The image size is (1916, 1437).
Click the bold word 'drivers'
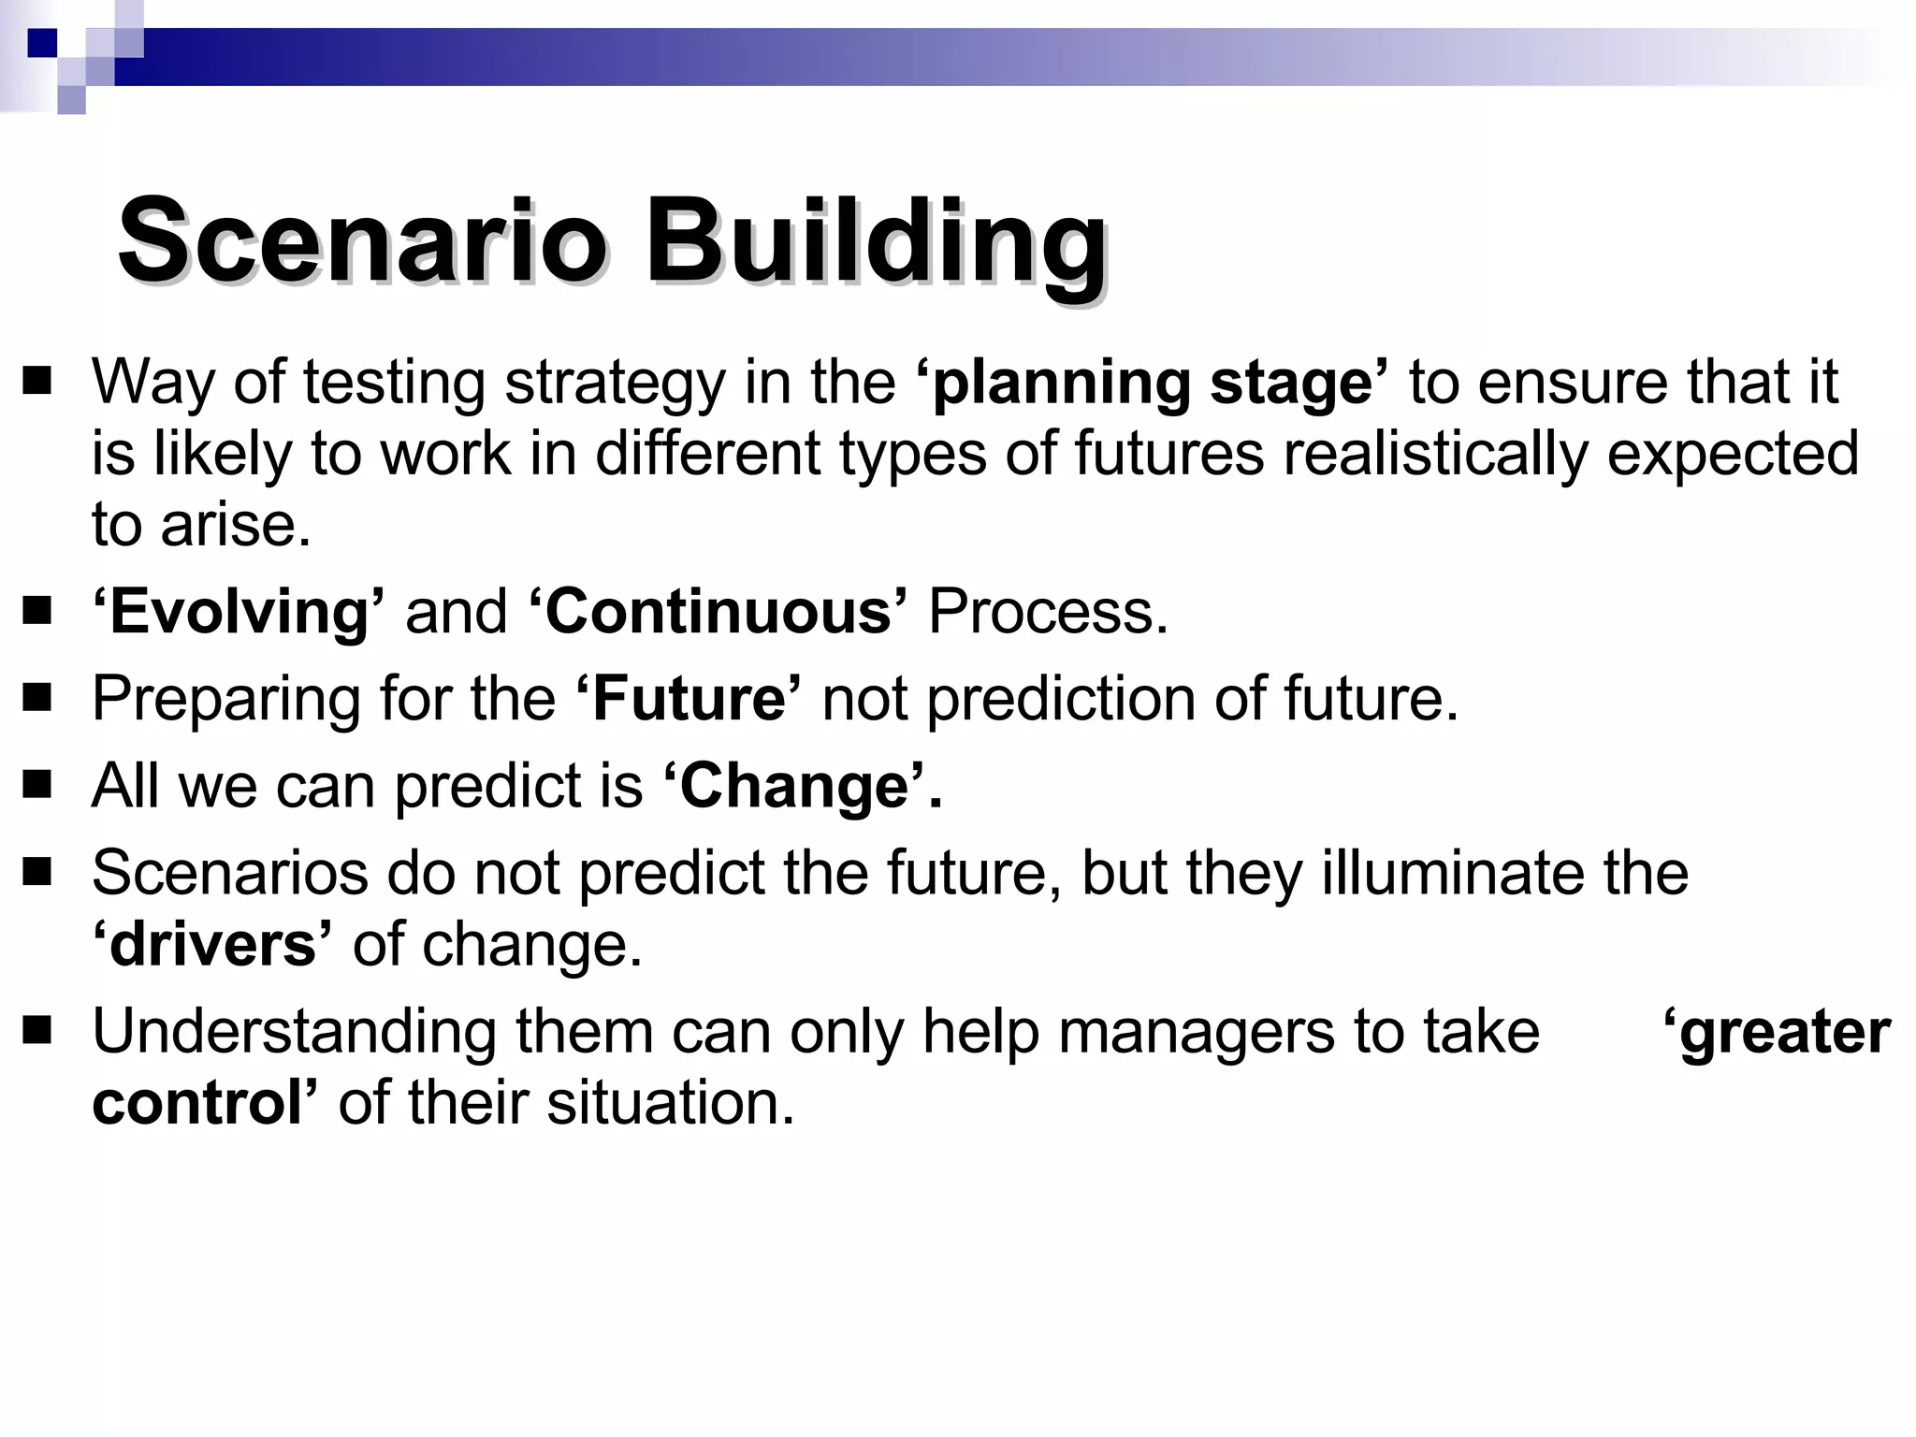[x=212, y=944]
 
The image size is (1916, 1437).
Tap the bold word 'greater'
[x=1783, y=1031]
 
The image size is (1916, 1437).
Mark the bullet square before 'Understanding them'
[x=37, y=1031]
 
